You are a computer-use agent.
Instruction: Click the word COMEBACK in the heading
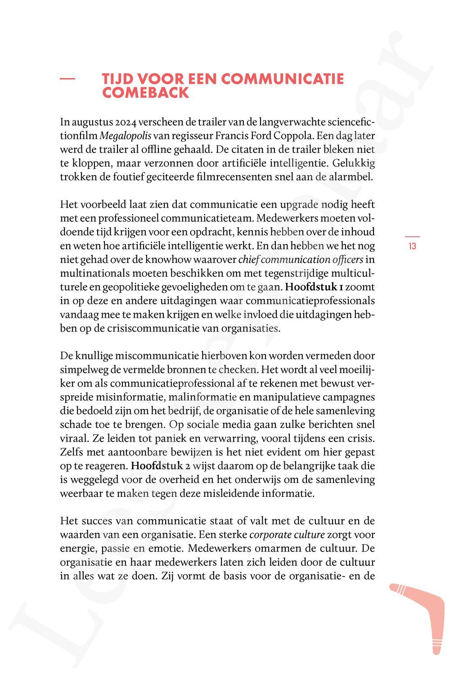145,93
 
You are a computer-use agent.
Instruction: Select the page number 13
412,246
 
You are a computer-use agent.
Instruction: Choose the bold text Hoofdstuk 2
160,466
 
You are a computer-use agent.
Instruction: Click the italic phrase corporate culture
287,535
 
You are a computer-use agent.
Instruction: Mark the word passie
116,549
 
